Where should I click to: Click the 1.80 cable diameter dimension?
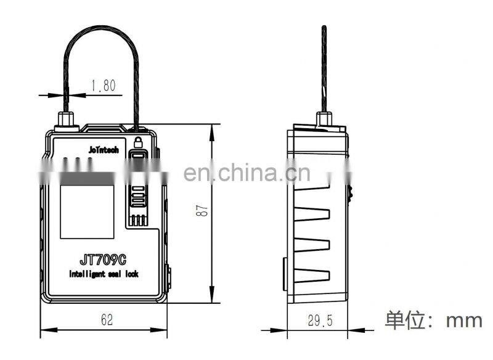104,85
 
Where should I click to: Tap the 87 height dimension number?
202,210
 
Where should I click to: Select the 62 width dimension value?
107,319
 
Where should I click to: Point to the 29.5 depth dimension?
320,321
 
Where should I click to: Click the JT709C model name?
103,260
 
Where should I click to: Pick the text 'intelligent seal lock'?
104,274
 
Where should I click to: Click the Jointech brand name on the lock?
104,150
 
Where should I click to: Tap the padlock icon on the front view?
138,142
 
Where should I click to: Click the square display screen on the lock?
87,212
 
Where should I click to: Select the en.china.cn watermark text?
247,173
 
